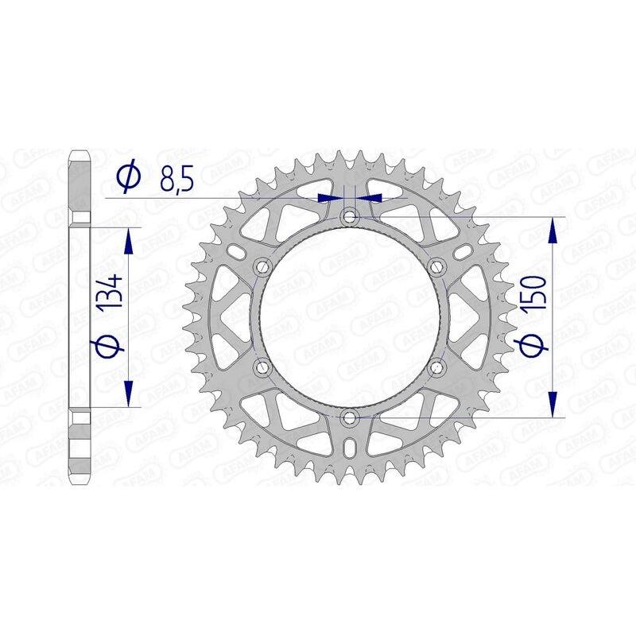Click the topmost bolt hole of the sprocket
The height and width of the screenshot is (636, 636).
350,215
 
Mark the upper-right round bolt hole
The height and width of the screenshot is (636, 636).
436,266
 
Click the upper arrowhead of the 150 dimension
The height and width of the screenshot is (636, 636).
553,231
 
